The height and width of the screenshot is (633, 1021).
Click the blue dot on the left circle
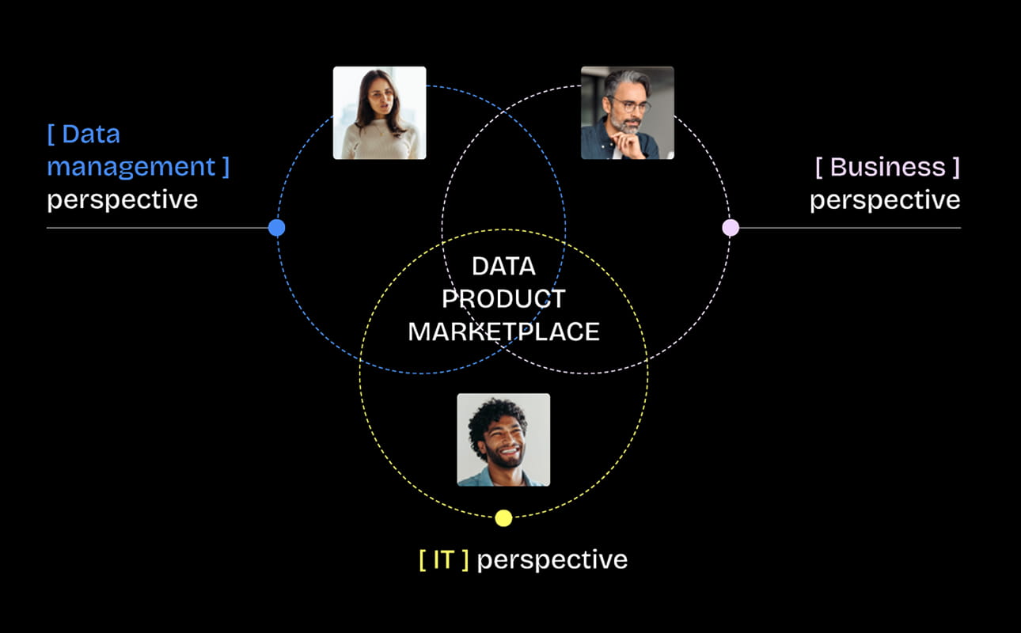tap(276, 228)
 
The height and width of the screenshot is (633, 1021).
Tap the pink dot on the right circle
tap(731, 228)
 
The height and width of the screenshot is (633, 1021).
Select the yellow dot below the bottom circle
tap(503, 518)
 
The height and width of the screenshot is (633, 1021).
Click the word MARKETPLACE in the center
tap(503, 332)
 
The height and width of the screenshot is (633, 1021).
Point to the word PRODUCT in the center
tap(503, 299)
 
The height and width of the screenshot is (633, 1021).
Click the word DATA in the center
tap(503, 267)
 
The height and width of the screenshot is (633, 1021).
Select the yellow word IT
tap(443, 559)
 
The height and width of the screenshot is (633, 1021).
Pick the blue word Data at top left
tap(90, 135)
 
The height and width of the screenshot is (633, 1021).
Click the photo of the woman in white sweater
tap(379, 113)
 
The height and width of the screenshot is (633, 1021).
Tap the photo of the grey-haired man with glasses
tap(627, 113)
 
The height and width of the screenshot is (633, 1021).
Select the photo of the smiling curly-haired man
tap(503, 439)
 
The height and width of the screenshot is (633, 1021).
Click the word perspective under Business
tap(884, 200)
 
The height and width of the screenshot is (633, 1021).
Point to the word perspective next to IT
tap(552, 560)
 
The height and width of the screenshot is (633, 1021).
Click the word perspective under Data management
tap(122, 200)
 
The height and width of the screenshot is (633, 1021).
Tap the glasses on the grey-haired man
tap(628, 104)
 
